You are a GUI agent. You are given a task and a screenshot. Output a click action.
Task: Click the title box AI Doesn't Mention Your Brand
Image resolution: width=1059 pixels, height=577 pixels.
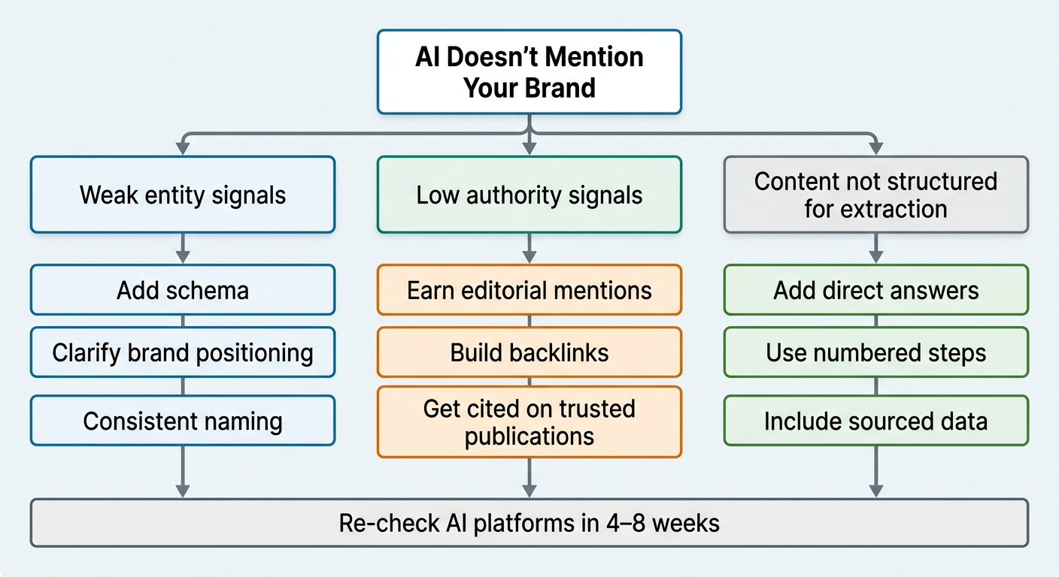point(529,72)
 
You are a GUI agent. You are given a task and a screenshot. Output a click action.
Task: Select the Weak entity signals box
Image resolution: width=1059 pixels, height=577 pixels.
point(183,195)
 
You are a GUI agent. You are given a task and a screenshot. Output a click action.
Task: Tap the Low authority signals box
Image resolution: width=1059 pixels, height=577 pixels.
point(529,195)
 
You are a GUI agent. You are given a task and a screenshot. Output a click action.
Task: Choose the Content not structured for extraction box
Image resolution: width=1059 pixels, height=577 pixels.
point(875,195)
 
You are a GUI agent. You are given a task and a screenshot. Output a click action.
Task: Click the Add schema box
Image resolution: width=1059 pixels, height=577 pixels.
point(183,290)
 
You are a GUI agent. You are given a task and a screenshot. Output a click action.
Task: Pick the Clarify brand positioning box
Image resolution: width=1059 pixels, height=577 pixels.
point(183,352)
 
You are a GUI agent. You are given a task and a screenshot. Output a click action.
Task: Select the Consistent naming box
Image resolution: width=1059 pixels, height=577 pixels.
point(183,421)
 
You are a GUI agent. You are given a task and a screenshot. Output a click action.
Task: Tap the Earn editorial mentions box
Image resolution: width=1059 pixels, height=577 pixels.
point(529,290)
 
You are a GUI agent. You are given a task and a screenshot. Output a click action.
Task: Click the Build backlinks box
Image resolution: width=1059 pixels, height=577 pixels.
point(529,352)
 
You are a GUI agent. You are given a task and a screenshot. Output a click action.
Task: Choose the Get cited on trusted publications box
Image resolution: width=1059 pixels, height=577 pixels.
point(529,421)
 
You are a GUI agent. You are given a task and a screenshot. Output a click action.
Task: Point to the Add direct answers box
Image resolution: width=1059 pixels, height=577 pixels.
point(875,290)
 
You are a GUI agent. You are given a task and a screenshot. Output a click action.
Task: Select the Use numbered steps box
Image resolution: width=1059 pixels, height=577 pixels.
point(875,352)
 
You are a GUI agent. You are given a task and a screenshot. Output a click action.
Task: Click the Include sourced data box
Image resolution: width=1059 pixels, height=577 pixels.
point(875,421)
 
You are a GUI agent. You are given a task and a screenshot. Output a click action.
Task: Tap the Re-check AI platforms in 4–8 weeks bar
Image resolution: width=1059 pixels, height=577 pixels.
point(529,523)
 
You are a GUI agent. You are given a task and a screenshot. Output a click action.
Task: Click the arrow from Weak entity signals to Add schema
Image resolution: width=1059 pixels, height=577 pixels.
point(183,249)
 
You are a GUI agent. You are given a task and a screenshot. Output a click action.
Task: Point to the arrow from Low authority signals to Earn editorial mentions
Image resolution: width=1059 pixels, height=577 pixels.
point(529,249)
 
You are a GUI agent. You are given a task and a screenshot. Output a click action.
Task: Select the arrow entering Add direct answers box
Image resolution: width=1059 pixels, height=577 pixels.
point(875,249)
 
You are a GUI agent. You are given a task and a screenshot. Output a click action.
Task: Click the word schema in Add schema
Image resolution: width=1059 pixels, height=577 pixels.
point(211,290)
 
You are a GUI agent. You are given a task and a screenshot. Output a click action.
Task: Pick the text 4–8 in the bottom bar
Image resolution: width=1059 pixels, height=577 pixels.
point(631,523)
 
